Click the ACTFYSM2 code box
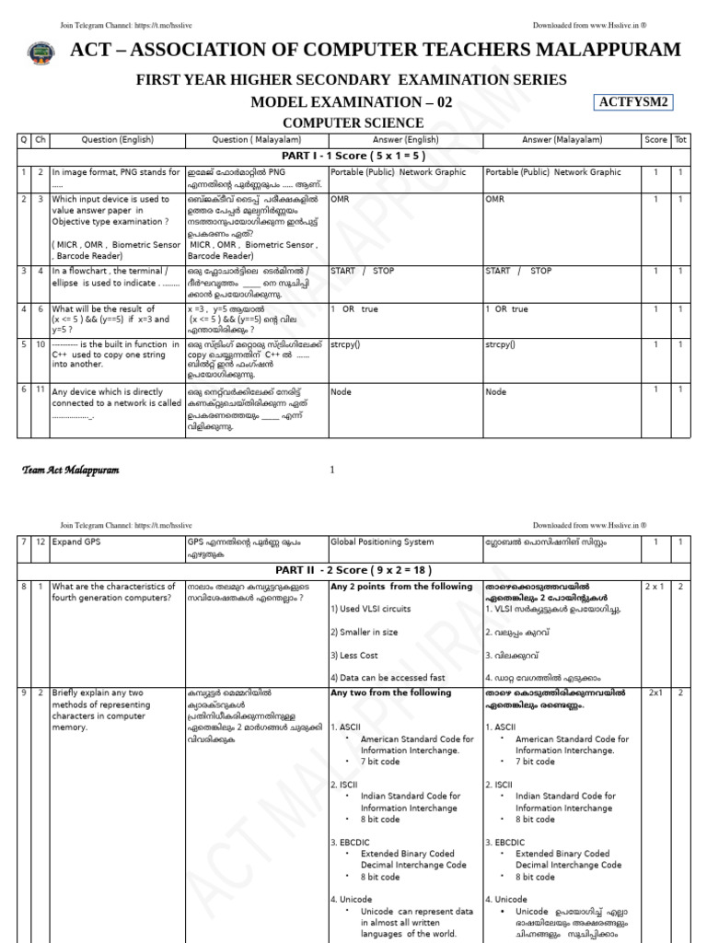pos(634,101)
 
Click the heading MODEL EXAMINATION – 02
pos(352,102)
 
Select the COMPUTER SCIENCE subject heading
pos(353,122)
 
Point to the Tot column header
pos(680,140)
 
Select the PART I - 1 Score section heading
pos(353,156)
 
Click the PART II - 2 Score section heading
pos(353,570)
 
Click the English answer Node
pos(341,391)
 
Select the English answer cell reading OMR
pos(340,199)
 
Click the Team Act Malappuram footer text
pos(70,471)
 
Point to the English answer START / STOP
pos(364,271)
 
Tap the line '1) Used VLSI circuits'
pos(372,609)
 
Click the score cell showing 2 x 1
pos(655,587)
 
